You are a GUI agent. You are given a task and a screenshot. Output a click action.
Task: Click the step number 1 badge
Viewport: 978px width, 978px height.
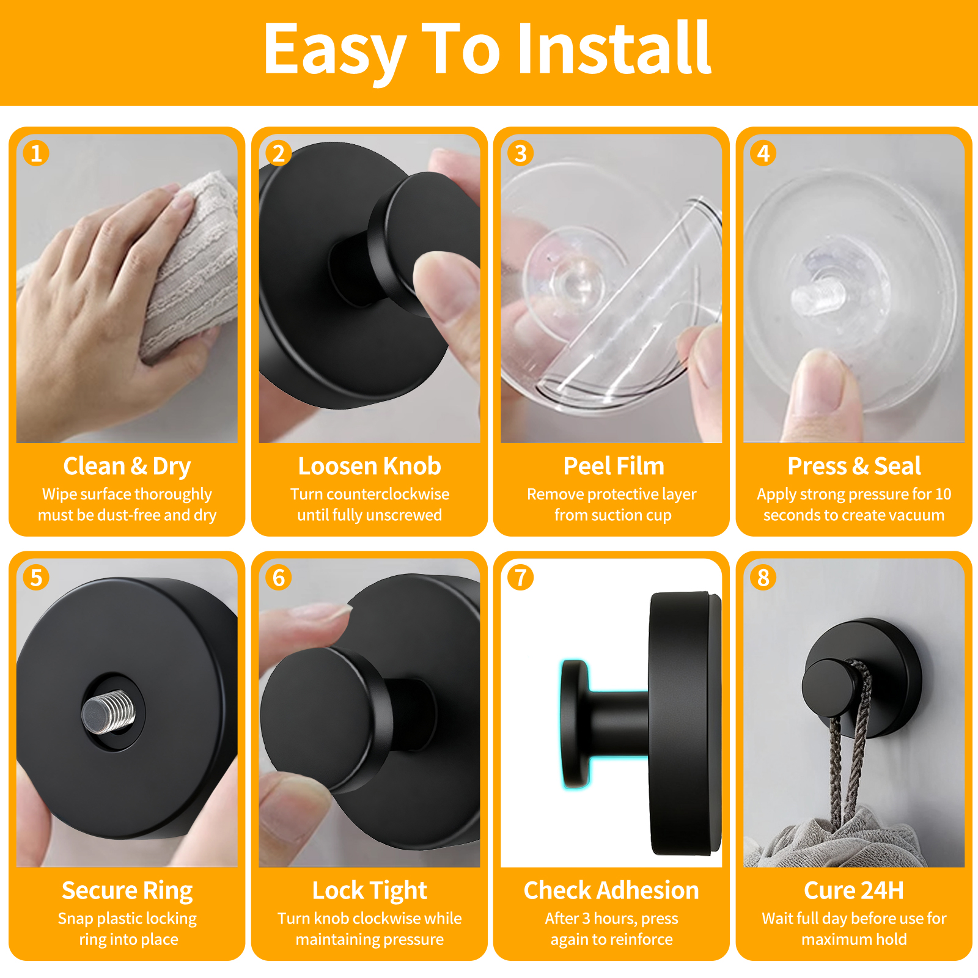(36, 153)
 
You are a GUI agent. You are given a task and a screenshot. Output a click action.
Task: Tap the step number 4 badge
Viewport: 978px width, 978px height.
(763, 153)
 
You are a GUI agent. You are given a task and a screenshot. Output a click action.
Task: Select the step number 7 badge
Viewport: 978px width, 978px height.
(521, 578)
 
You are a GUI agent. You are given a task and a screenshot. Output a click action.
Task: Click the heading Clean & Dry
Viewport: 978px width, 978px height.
(127, 466)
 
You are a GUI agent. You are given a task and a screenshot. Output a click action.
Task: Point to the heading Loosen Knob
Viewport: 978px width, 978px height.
(370, 466)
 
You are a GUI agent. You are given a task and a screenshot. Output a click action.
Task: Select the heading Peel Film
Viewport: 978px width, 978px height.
(614, 466)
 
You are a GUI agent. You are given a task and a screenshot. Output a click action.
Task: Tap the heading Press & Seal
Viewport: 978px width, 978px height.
(854, 466)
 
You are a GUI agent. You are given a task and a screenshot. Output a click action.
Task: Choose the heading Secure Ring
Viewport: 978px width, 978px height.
(127, 891)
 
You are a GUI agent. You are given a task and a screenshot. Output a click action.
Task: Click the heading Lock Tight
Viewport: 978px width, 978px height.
(370, 891)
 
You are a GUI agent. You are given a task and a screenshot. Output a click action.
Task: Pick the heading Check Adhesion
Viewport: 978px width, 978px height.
(611, 891)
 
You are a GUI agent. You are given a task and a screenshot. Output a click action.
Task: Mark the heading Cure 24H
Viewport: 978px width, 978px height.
(854, 891)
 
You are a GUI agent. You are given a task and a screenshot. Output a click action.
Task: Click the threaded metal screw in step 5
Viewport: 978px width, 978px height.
(108, 711)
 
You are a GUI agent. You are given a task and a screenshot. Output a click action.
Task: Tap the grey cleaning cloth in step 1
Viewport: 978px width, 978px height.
(183, 269)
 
